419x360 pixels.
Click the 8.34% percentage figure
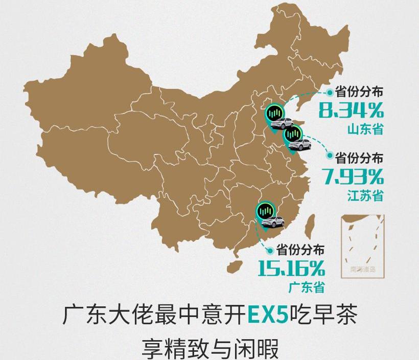click(351, 110)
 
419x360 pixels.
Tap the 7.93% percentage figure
click(353, 176)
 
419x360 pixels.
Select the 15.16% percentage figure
click(291, 268)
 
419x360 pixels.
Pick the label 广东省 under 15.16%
click(306, 286)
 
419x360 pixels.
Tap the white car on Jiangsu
click(299, 145)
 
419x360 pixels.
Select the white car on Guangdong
click(272, 221)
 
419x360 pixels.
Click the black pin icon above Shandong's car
click(275, 113)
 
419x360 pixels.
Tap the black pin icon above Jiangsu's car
click(293, 134)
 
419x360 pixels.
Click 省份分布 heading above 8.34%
click(359, 92)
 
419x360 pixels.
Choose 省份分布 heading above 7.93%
click(359, 158)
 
